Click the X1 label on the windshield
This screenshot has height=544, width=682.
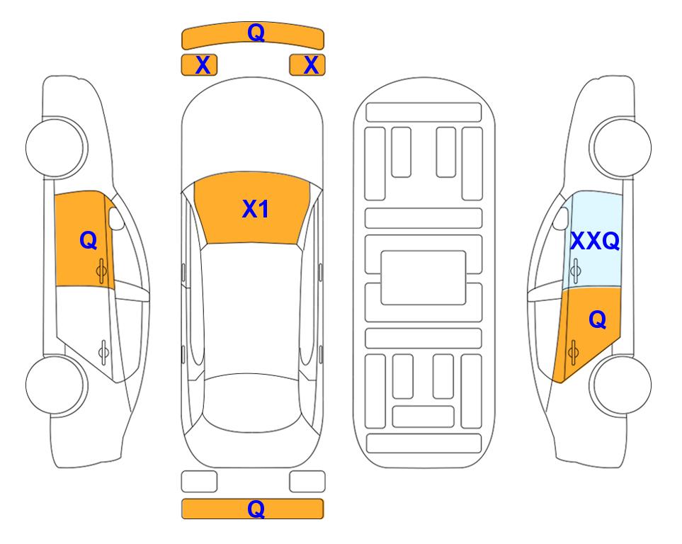click(x=256, y=209)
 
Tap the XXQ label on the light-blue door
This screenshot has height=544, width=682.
click(x=595, y=241)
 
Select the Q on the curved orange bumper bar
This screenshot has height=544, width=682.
click(x=256, y=33)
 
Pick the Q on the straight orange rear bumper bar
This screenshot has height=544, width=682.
click(x=256, y=509)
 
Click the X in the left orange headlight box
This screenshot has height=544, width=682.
click(x=203, y=65)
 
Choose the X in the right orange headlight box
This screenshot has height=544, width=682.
click(x=311, y=65)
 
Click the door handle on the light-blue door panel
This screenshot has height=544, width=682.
click(x=575, y=271)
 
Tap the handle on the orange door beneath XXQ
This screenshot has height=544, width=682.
click(x=573, y=352)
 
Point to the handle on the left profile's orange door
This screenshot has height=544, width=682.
click(x=101, y=271)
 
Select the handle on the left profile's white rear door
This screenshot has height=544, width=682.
click(x=103, y=352)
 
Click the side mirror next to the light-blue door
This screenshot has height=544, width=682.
click(x=560, y=218)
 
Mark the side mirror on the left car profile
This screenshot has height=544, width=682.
click(x=116, y=218)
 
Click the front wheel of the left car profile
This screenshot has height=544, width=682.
click(x=57, y=147)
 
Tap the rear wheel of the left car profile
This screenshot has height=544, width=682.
click(x=57, y=385)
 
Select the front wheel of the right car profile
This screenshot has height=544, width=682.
click(x=620, y=147)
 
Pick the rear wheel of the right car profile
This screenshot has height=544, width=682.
click(x=620, y=385)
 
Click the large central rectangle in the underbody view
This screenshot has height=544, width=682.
click(x=424, y=278)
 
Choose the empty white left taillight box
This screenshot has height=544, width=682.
click(x=199, y=482)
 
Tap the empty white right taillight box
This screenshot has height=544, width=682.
click(x=307, y=482)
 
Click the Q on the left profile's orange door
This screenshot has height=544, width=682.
click(x=89, y=240)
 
